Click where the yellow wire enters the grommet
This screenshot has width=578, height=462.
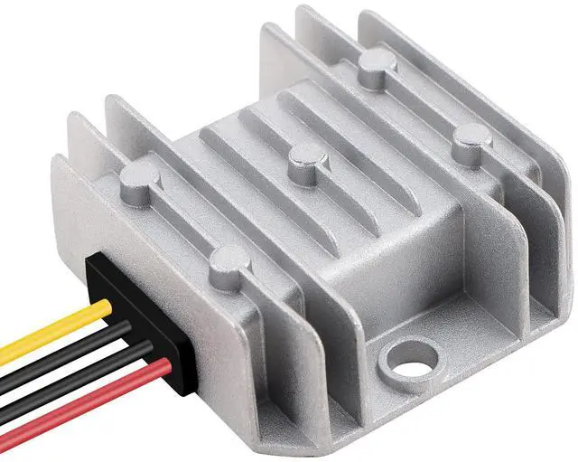pyautogui.click(x=107, y=308)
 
